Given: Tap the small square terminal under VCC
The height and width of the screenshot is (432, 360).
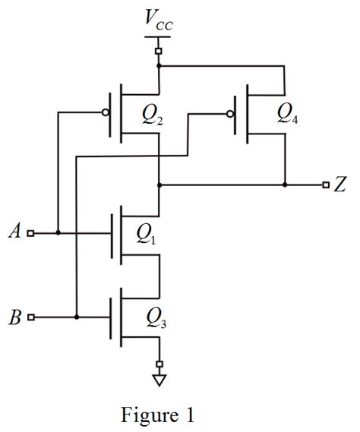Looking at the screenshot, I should coord(159,51).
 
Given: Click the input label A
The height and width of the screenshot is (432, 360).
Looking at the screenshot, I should coord(13,232).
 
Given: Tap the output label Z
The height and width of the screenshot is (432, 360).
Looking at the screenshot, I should coord(339,184).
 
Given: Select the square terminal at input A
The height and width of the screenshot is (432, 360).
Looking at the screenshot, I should coord(30,233).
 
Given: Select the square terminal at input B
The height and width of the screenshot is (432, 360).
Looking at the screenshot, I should coord(30,317).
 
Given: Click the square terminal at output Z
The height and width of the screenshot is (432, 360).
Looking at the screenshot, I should coord(324,184).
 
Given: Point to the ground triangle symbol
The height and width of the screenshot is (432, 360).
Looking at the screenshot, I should coord(159,377).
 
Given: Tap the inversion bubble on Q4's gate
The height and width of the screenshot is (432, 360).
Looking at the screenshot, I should coord(229,115).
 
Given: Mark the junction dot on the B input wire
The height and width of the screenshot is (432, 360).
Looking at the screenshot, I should coord(77,317).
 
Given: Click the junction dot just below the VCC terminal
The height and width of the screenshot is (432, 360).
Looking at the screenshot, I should coord(159,66).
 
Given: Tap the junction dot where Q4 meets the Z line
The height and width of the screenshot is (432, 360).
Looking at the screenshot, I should coord(285,184).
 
